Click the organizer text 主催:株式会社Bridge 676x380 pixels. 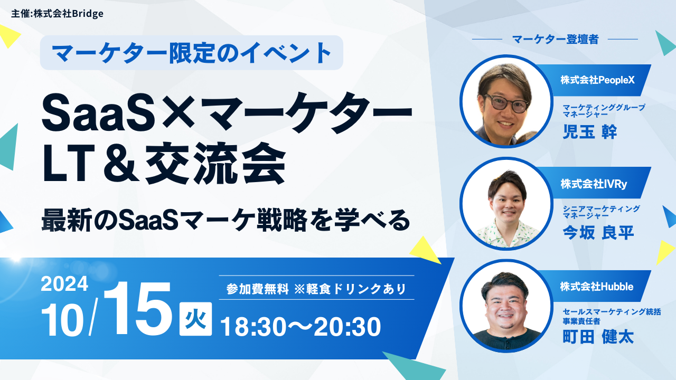pos(58,14)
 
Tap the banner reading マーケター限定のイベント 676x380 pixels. pos(192,53)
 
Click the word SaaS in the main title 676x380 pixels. pos(99,112)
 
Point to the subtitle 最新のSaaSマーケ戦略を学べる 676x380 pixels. pos(226,221)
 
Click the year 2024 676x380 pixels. pos(64,284)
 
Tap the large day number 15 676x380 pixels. pos(137,309)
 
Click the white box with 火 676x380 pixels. pos(195,319)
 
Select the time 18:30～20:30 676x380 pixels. pos(301,327)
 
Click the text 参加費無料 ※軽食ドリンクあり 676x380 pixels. pos(316,289)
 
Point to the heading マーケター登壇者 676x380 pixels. pos(555,40)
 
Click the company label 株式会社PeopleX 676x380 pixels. pos(597,80)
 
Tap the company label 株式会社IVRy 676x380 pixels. pos(594,184)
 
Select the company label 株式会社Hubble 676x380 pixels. pos(597,287)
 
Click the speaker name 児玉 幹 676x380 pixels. pos(590,131)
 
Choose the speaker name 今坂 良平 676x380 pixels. pos(598,233)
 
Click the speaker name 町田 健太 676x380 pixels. pos(598,337)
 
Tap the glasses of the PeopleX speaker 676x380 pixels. pos(506,103)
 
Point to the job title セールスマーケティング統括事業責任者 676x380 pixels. pos(612,316)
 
